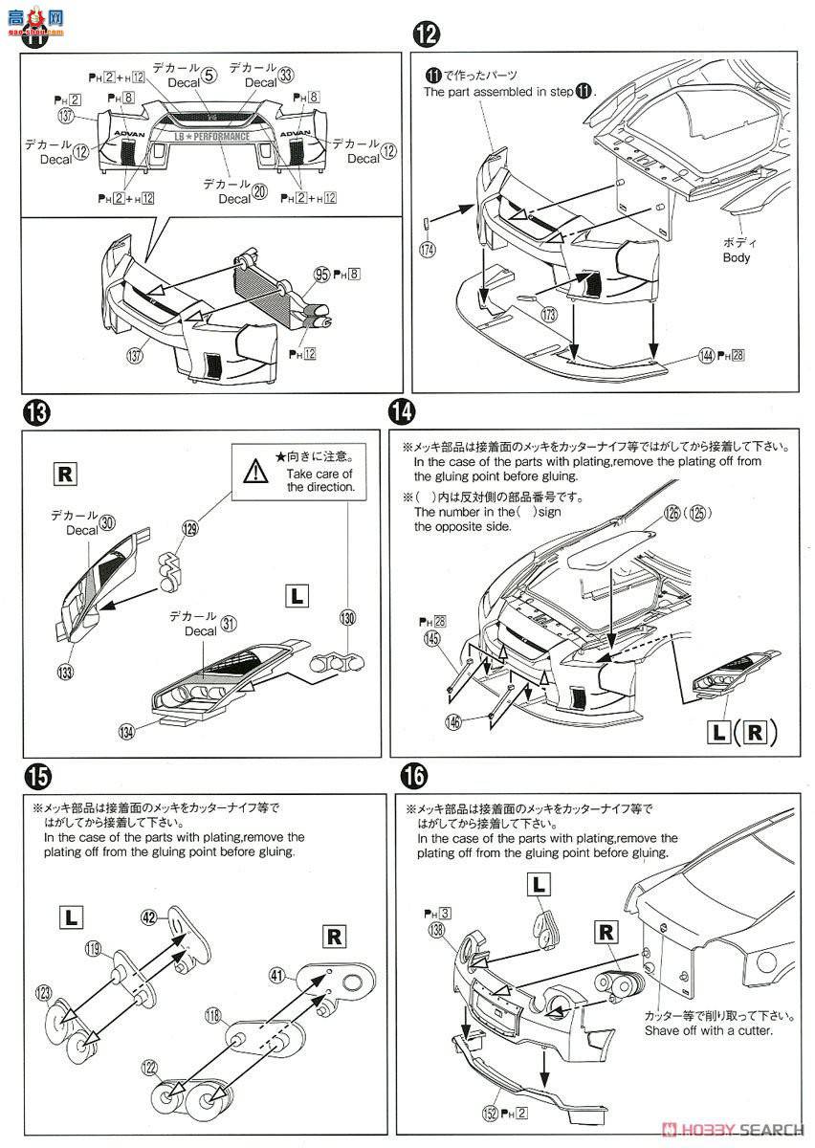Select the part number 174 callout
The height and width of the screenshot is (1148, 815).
428,252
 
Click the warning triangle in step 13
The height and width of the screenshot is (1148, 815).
255,471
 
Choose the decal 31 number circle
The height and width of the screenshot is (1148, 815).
228,624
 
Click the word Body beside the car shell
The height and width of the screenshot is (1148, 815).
737,258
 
